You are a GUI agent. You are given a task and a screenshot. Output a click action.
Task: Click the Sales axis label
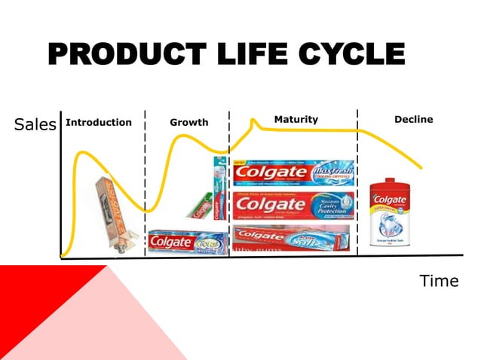pos(35,125)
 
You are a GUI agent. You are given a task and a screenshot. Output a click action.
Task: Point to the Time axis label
pos(439,281)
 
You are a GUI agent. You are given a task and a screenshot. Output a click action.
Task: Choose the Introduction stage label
pos(99,122)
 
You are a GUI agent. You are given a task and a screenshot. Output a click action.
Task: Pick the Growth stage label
pos(188,123)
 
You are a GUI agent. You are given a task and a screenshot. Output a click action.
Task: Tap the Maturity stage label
pos(296,120)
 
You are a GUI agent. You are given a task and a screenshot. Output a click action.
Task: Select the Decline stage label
pos(413,120)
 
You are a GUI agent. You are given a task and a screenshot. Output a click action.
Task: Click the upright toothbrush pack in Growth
pos(220,188)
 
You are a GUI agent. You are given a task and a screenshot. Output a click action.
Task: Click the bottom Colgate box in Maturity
pos(291,237)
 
